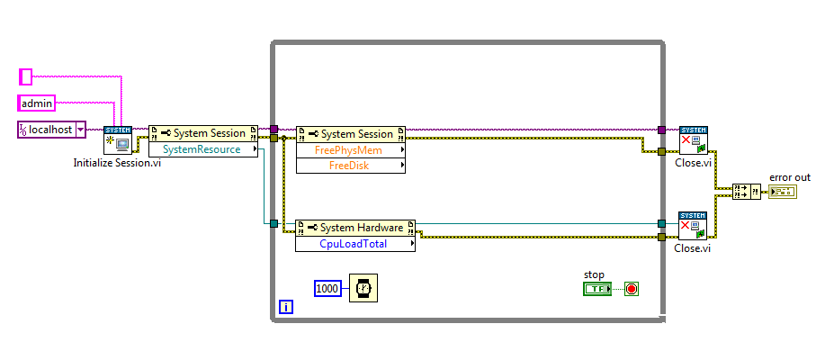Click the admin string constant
click(x=37, y=103)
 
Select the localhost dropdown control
click(x=51, y=130)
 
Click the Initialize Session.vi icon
click(x=118, y=140)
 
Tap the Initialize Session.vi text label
click(x=117, y=163)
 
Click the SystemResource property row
click(x=202, y=149)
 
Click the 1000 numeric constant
click(x=328, y=288)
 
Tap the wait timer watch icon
click(x=363, y=288)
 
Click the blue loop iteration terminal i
click(x=286, y=307)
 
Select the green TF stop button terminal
click(x=596, y=289)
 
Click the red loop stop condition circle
click(x=631, y=289)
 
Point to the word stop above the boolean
click(x=594, y=274)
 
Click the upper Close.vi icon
click(x=693, y=140)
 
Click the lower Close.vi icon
click(x=693, y=227)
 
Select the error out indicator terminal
click(x=783, y=192)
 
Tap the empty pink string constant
click(x=25, y=77)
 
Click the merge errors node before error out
click(x=747, y=191)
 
